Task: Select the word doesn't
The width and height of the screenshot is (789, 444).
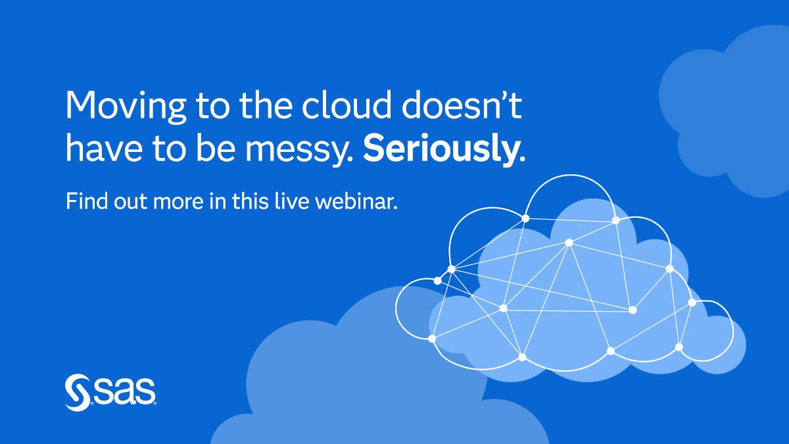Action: pyautogui.click(x=462, y=105)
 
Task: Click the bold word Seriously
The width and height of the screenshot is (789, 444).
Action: pyautogui.click(x=444, y=148)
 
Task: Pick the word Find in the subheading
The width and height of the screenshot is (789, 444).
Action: pyautogui.click(x=87, y=201)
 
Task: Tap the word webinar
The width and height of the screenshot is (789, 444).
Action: pyautogui.click(x=356, y=201)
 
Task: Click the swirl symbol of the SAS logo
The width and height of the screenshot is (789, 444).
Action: pyautogui.click(x=78, y=392)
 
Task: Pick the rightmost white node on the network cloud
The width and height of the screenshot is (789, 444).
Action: pyautogui.click(x=692, y=303)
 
